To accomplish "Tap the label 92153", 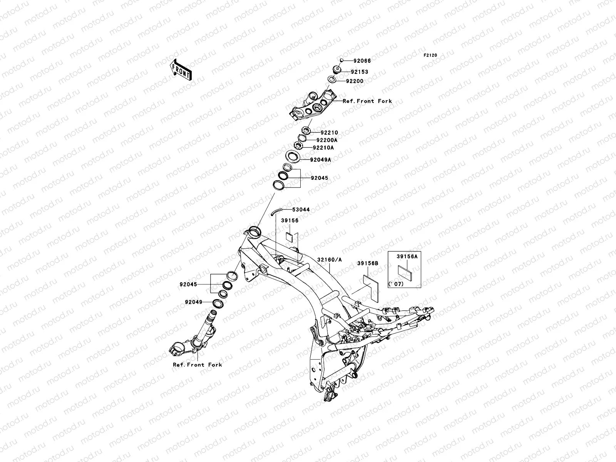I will point(359,72).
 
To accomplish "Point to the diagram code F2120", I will point(430,55).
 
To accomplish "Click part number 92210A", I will point(323,147).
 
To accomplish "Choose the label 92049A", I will point(321,159).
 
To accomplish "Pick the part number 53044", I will point(301,210).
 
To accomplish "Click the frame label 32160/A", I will point(329,260).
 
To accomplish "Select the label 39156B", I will point(367,263).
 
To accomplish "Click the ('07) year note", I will point(396,284).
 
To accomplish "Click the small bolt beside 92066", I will point(341,60).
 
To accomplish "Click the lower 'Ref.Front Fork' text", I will point(198,365).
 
